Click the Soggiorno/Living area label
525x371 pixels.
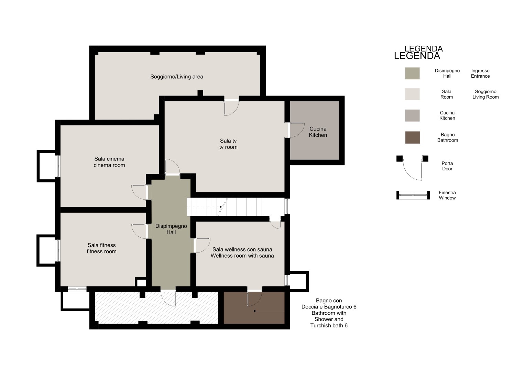pyautogui.click(x=177, y=77)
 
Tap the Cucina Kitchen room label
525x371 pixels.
pyautogui.click(x=318, y=132)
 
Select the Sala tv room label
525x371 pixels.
pyautogui.click(x=228, y=144)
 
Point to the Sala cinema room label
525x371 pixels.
pyautogui.click(x=109, y=162)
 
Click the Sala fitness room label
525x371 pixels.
pyautogui.click(x=102, y=248)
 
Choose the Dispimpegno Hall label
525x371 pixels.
pyautogui.click(x=171, y=229)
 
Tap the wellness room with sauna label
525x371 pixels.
pyautogui.click(x=242, y=252)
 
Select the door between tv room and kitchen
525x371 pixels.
pyautogui.click(x=296, y=130)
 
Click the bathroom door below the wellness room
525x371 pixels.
pyautogui.click(x=254, y=298)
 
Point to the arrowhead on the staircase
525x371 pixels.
pyautogui.click(x=221, y=207)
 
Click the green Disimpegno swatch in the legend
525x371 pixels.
pyautogui.click(x=412, y=74)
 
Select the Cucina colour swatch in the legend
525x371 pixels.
pyautogui.click(x=412, y=115)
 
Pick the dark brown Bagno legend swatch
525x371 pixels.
pyautogui.click(x=413, y=137)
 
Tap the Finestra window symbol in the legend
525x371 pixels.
pyautogui.click(x=413, y=195)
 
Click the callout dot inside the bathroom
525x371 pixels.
pyautogui.click(x=254, y=311)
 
